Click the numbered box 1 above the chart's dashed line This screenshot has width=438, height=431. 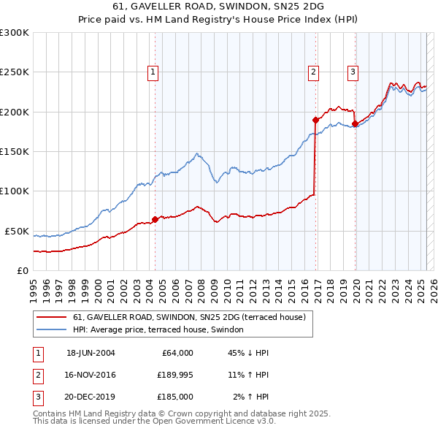pos(153,72)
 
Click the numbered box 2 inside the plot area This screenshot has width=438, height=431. pos(313,72)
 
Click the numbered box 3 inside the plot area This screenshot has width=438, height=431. pos(353,72)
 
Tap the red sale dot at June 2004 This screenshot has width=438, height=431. pos(155,219)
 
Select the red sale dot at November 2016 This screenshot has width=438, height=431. pos(315,120)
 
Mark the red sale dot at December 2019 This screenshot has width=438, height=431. pos(355,124)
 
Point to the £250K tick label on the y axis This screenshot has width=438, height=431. pos(15,72)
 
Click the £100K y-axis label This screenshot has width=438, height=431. pos(15,191)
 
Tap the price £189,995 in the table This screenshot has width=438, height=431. pos(173,375)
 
